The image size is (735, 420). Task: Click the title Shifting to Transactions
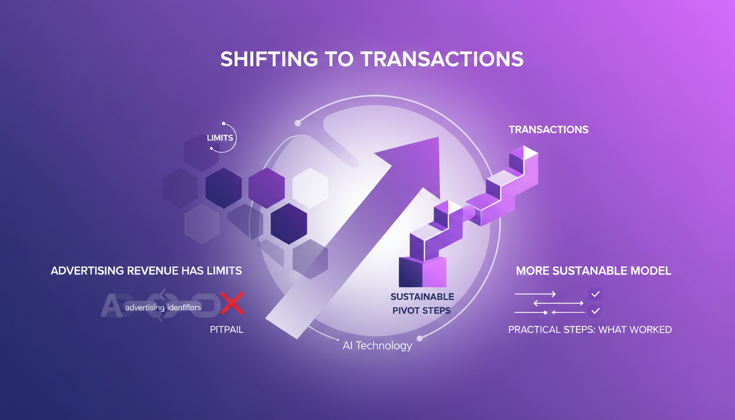tap(372, 59)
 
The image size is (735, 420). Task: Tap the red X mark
tap(232, 303)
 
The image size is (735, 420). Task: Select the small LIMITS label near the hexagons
tap(220, 138)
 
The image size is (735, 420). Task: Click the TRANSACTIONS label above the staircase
tap(549, 130)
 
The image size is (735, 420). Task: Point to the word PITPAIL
tap(226, 330)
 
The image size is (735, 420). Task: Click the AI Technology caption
tap(377, 346)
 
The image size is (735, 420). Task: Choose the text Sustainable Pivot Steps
tap(422, 304)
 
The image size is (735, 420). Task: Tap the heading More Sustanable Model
tap(593, 271)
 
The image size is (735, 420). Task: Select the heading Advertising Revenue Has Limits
tap(146, 271)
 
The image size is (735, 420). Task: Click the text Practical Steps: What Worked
tap(590, 330)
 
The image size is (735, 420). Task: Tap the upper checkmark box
tap(596, 294)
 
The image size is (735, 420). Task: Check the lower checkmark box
tap(596, 311)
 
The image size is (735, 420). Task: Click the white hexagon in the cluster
tap(310, 188)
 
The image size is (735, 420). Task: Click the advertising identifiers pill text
tap(163, 307)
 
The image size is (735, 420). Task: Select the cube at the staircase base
tap(422, 271)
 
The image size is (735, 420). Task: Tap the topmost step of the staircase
tap(523, 154)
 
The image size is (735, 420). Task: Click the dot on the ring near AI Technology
tap(419, 338)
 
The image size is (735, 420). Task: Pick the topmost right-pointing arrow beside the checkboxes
tap(535, 294)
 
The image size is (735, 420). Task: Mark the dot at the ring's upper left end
tap(297, 123)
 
